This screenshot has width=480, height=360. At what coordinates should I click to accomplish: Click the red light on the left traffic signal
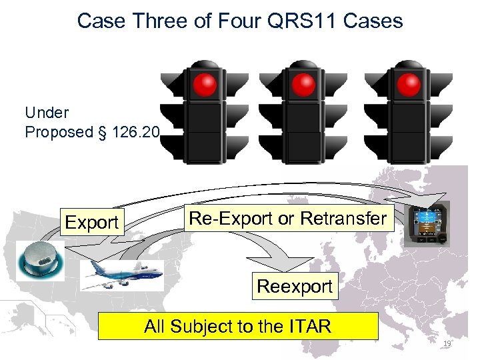click(205, 84)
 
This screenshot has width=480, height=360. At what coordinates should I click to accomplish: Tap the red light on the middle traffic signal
click(304, 84)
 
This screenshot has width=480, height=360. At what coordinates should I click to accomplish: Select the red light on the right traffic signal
click(408, 84)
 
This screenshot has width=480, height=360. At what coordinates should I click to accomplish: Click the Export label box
click(93, 222)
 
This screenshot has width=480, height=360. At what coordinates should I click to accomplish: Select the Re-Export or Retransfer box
click(287, 218)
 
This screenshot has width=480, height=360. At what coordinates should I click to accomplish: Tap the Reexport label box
click(294, 287)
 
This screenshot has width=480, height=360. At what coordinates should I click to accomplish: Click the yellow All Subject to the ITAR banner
click(238, 326)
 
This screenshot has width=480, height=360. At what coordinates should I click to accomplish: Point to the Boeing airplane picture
click(122, 274)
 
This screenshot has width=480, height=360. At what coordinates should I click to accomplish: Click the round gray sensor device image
click(41, 260)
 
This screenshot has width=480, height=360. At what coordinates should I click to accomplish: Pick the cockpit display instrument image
click(427, 224)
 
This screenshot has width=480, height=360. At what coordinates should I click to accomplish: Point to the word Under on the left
click(46, 111)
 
